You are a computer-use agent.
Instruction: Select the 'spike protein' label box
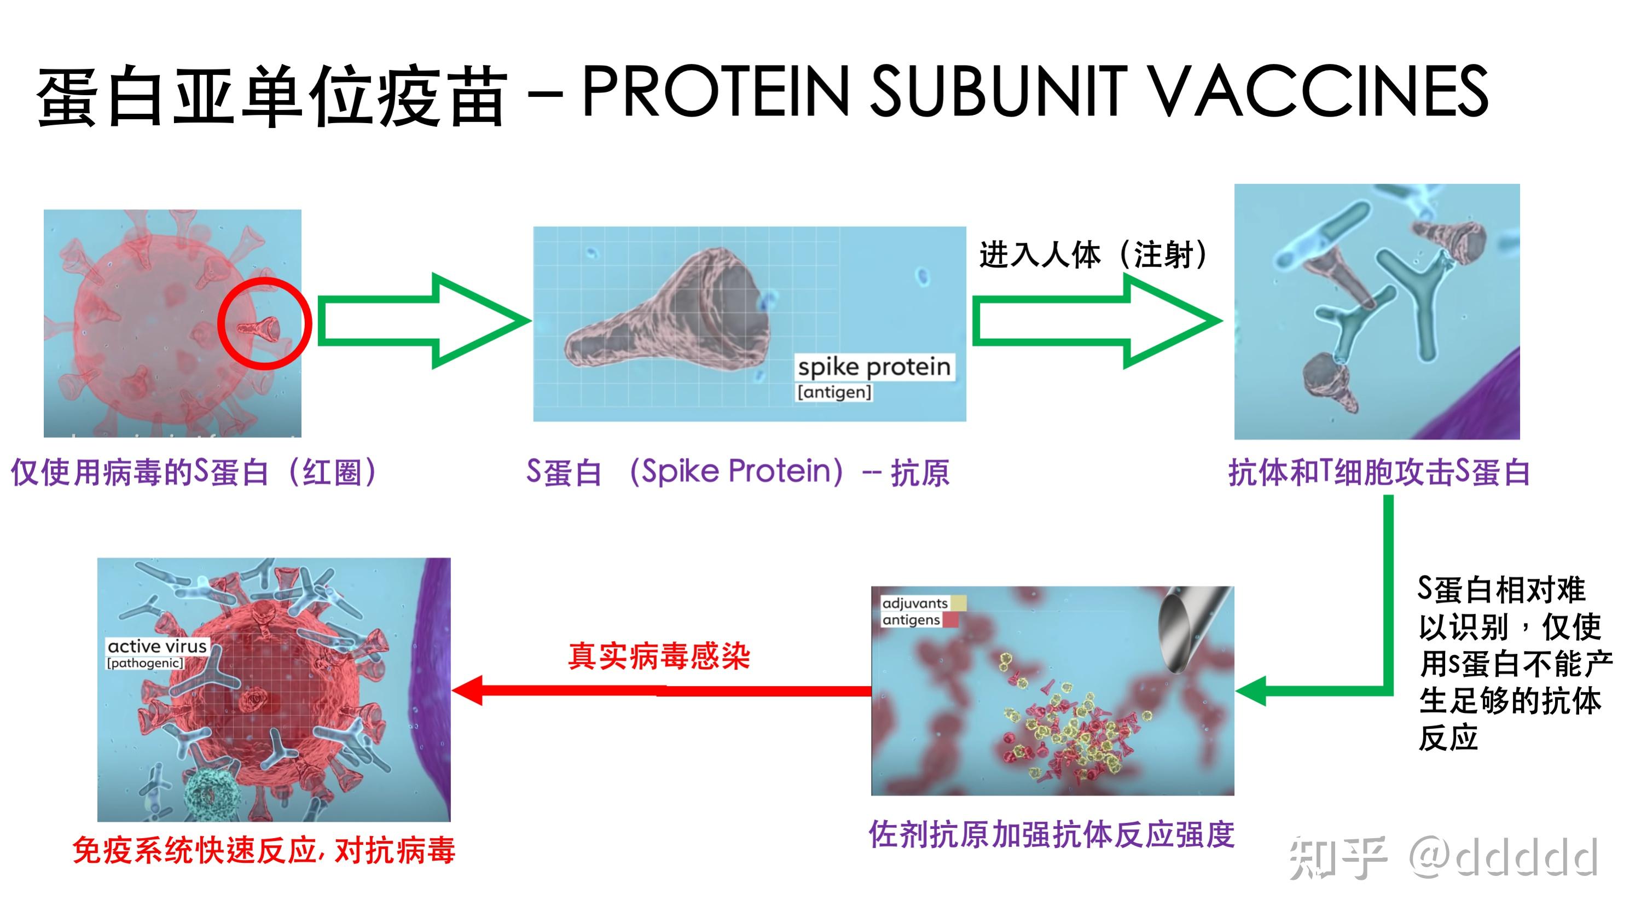point(874,368)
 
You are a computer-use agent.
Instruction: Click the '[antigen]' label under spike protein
point(834,392)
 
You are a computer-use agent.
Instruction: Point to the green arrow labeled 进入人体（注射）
point(1095,321)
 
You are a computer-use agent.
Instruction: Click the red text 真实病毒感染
point(659,656)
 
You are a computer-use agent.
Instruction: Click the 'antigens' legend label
point(911,620)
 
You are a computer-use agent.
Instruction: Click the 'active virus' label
point(158,647)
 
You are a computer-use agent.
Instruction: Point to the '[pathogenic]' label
point(145,663)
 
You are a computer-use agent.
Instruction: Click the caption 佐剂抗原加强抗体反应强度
point(1051,834)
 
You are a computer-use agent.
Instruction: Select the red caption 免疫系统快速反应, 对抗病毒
point(264,850)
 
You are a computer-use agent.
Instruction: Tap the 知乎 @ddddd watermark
point(1443,857)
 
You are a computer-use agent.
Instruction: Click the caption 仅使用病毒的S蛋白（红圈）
point(194,473)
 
